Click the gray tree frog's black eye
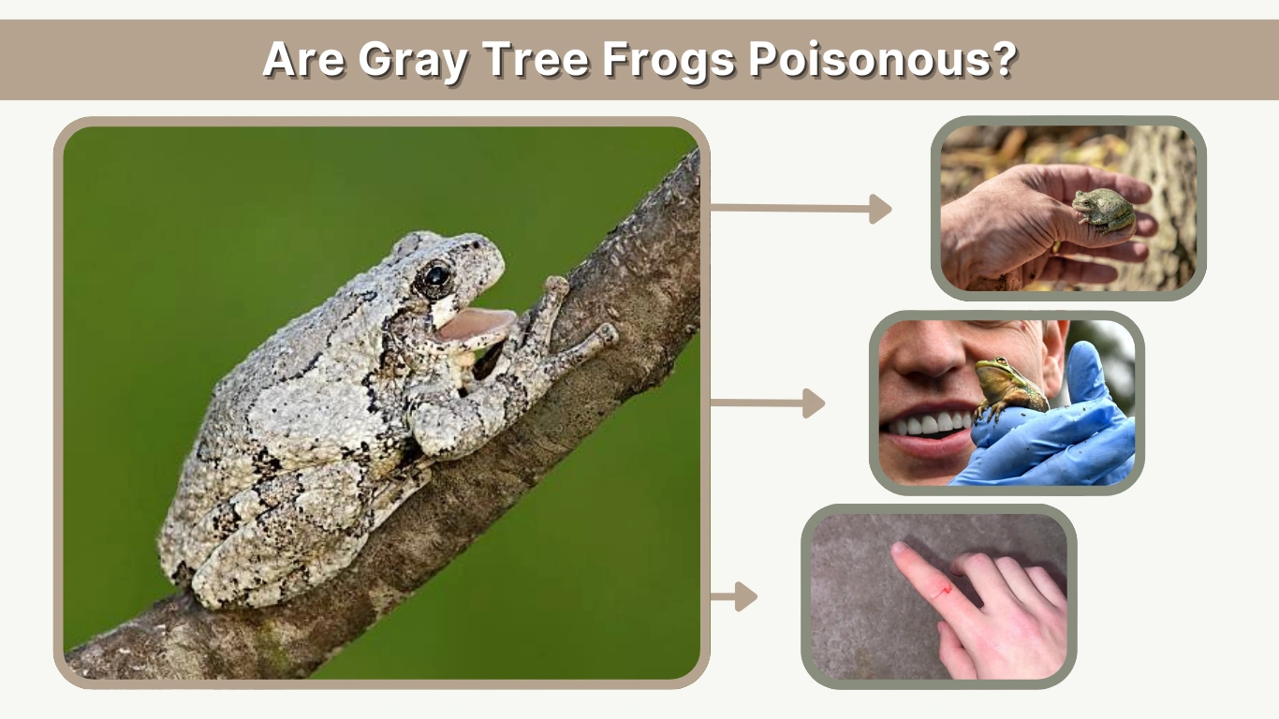436,277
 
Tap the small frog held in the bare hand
1105,211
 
